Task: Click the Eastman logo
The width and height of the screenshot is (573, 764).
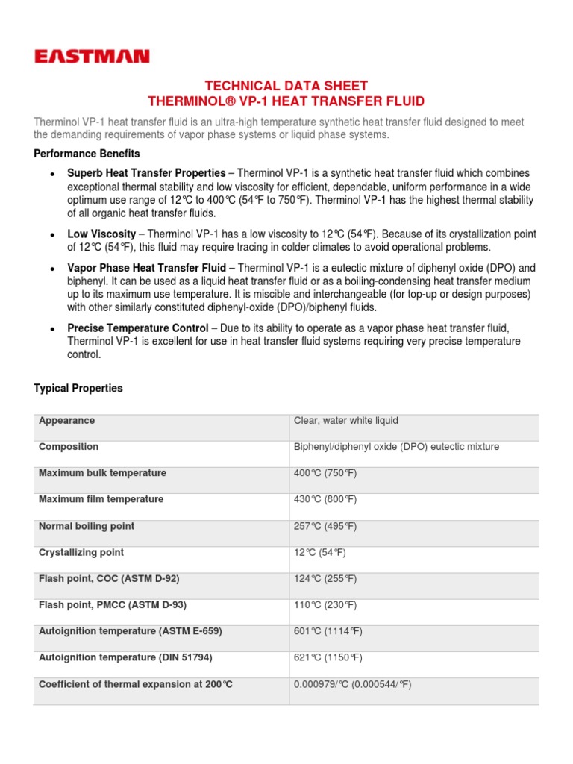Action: (x=92, y=56)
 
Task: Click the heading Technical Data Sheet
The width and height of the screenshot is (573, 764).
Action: (x=287, y=86)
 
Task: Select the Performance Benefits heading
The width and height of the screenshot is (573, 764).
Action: (x=87, y=154)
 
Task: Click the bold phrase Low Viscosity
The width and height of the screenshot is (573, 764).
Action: (x=101, y=234)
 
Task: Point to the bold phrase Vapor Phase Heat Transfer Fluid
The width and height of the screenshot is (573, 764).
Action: (x=146, y=268)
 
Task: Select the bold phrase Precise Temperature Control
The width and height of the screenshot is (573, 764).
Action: (x=138, y=328)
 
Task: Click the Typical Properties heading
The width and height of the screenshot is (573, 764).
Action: (x=78, y=389)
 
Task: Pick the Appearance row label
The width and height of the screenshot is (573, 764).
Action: (x=66, y=421)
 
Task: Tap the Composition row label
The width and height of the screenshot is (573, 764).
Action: (x=69, y=447)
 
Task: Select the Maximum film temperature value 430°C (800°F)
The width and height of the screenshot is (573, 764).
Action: (x=325, y=499)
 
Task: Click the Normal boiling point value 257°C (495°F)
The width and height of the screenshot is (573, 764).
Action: (x=325, y=526)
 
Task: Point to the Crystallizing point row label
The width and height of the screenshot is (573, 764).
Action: (x=81, y=553)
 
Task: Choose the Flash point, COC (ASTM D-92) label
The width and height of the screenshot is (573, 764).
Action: (x=109, y=579)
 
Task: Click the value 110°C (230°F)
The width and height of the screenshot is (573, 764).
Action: (x=325, y=605)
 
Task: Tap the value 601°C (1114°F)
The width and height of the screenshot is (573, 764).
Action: (x=328, y=631)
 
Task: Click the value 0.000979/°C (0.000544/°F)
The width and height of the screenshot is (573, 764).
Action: (x=353, y=684)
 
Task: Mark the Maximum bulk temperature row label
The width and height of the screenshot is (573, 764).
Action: (x=102, y=473)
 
